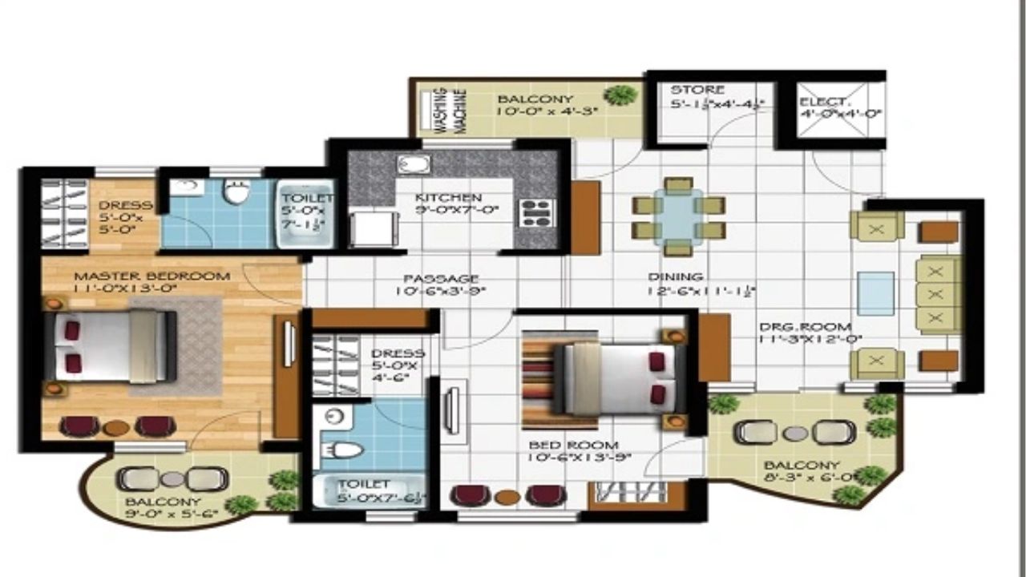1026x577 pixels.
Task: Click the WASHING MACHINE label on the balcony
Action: (x=449, y=110)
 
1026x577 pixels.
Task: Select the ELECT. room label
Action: (x=824, y=102)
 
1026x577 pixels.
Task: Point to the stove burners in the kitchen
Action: (x=535, y=212)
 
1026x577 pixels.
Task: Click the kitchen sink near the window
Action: (x=414, y=165)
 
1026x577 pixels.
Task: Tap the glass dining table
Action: (x=678, y=216)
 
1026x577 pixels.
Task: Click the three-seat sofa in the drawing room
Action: (x=939, y=295)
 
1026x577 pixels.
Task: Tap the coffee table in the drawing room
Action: (x=875, y=293)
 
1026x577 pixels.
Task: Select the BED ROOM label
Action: (x=573, y=445)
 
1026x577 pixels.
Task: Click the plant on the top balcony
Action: (x=620, y=95)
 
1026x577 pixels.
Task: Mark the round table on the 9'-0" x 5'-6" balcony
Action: (x=172, y=479)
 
